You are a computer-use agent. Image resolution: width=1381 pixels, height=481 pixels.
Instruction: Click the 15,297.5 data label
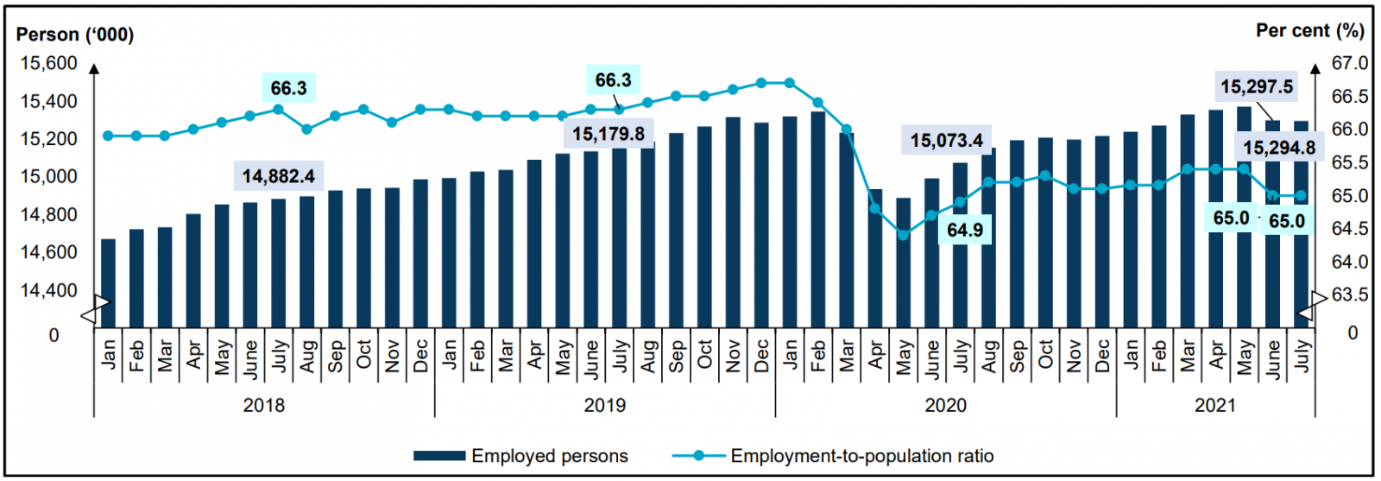[1256, 86]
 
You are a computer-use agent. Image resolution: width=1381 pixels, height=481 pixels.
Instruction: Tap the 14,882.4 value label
[278, 176]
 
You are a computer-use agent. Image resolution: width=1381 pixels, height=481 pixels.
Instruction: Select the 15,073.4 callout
[946, 140]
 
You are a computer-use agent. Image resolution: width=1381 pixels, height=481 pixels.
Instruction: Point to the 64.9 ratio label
[964, 230]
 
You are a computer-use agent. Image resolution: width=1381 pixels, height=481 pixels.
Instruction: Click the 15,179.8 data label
[608, 134]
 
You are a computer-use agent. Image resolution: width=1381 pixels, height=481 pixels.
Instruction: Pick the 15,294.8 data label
[1278, 148]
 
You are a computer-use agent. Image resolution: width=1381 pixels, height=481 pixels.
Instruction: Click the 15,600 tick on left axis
[48, 63]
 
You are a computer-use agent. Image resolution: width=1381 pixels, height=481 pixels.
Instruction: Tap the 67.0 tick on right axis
[1350, 63]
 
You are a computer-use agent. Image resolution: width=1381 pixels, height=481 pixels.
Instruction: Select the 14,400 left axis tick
[48, 291]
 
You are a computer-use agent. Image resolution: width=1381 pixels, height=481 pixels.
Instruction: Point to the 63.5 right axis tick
[1350, 294]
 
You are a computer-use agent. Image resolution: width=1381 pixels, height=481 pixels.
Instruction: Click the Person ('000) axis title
[75, 35]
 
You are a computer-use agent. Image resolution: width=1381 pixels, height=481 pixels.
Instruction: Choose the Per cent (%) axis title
[1309, 30]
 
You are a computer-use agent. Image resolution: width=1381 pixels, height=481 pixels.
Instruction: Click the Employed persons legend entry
[520, 456]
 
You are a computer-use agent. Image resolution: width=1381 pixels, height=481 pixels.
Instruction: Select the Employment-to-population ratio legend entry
[833, 456]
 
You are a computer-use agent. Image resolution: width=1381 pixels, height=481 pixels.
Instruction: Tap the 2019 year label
[604, 405]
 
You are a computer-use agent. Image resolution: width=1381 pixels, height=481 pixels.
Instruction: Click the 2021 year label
[1214, 405]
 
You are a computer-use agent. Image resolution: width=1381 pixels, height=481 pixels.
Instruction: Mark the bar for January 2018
[108, 283]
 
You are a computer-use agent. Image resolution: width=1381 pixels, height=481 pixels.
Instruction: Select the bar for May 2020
[904, 263]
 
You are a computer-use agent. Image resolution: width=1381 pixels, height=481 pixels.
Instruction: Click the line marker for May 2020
[904, 235]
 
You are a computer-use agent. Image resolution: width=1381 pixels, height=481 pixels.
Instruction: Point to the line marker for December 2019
[761, 83]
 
